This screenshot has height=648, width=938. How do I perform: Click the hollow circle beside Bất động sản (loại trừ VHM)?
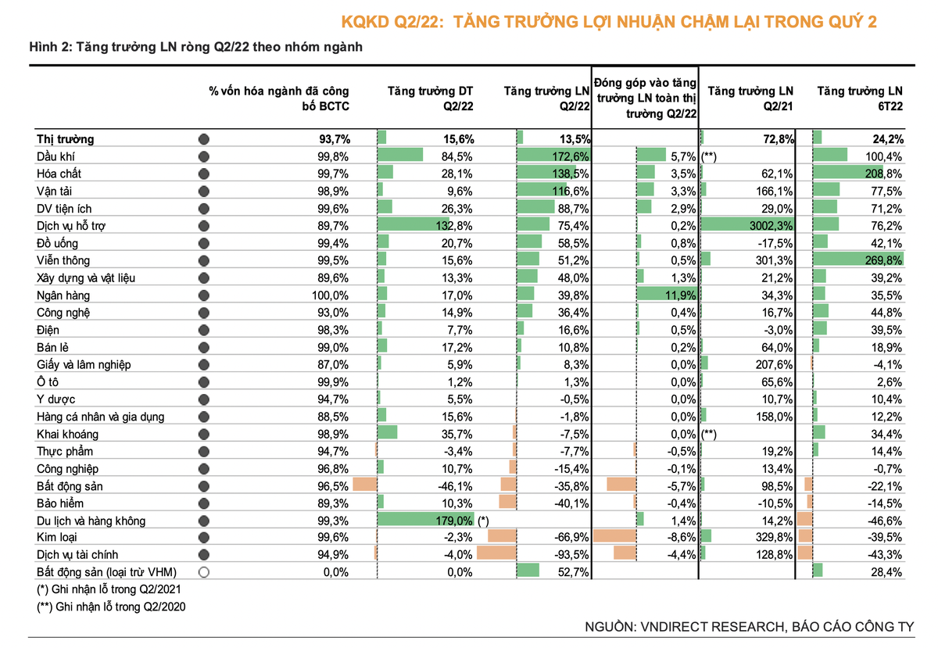(x=204, y=572)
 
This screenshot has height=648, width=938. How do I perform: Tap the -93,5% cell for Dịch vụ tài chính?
(x=569, y=555)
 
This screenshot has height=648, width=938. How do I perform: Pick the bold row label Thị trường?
(x=66, y=139)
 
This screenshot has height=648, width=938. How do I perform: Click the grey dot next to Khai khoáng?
(x=204, y=434)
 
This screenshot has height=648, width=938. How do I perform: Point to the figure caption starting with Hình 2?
(x=195, y=47)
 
